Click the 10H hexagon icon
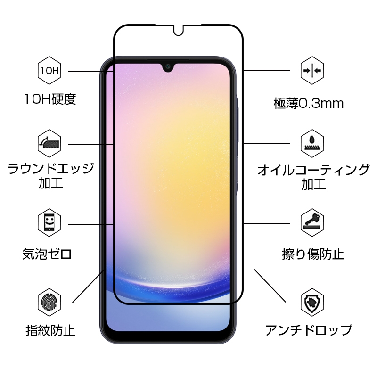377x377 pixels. click(49, 71)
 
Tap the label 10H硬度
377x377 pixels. click(49, 99)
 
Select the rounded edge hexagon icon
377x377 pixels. click(49, 143)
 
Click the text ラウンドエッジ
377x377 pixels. click(51, 168)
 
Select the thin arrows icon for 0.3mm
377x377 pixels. click(312, 71)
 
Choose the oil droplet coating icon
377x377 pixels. click(312, 143)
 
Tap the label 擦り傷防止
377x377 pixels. click(313, 254)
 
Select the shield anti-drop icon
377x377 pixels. click(312, 302)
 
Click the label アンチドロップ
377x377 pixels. click(308, 330)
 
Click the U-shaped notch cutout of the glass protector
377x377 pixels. click(178, 30)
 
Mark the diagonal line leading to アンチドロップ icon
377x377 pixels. click(270, 286)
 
